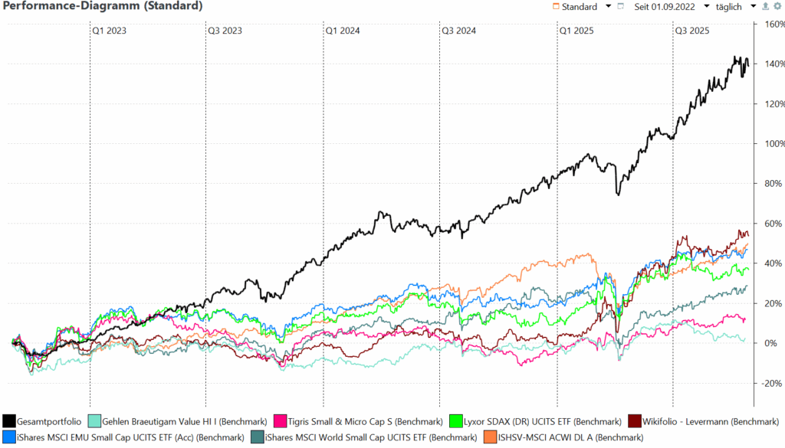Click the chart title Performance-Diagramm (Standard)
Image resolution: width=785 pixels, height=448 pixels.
tap(103, 7)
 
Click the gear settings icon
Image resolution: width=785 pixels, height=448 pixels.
tap(777, 7)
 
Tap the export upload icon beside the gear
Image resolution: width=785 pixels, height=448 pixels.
tap(767, 7)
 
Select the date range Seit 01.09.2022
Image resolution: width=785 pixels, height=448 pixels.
tap(665, 7)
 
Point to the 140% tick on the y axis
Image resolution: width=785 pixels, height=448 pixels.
tap(768, 64)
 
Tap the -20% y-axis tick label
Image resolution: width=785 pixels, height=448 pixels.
tap(768, 383)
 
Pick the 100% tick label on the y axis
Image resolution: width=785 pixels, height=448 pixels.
tap(768, 144)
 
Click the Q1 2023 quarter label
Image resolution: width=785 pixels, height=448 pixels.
tap(110, 31)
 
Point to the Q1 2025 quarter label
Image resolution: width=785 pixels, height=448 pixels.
tap(575, 31)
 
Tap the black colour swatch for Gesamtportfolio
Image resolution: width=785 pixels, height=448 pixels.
tap(9, 421)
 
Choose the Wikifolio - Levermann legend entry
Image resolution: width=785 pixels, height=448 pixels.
tap(703, 421)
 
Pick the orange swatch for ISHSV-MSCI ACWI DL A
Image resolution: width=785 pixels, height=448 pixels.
tap(488, 437)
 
